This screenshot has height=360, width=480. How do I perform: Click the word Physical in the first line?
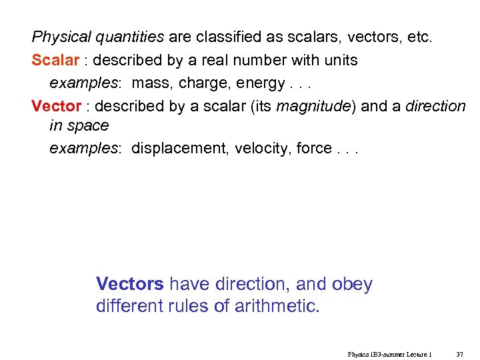click(x=56, y=37)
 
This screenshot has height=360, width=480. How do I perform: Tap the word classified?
click(x=227, y=37)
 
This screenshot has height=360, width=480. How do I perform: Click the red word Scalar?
click(x=55, y=60)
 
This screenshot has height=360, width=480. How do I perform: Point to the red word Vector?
click(x=56, y=106)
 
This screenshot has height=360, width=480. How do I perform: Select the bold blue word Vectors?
click(x=130, y=284)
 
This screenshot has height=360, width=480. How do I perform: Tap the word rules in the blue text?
click(x=191, y=307)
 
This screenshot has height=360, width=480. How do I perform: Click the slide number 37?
click(x=459, y=355)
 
